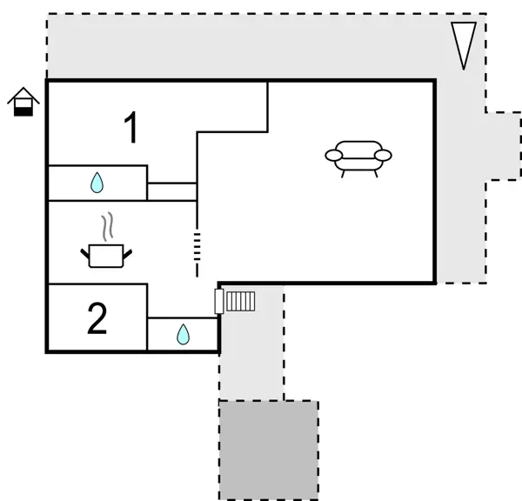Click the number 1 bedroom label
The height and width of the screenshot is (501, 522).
tap(131, 129)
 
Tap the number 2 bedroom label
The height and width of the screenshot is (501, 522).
tap(97, 319)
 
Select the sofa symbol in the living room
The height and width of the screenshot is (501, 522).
tap(358, 157)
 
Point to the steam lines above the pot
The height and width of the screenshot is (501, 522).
tap(107, 227)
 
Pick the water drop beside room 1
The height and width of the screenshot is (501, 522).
tap(97, 183)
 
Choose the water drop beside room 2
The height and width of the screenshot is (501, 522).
tap(183, 334)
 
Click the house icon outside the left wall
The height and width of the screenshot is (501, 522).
tap(23, 102)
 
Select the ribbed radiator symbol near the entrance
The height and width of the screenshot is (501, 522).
tap(240, 301)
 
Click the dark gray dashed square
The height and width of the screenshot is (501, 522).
tap(268, 450)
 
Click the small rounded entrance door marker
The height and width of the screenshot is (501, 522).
tap(218, 301)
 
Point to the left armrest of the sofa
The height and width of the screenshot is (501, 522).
tap(335, 156)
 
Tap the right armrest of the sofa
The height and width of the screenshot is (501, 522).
tap(383, 156)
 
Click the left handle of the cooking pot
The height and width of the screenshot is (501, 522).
tap(87, 252)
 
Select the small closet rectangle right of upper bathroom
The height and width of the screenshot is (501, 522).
tap(172, 191)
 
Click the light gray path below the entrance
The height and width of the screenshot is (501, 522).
tap(251, 357)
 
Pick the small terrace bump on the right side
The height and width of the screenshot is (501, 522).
tap(503, 145)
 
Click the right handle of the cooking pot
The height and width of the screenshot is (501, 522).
tap(128, 252)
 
